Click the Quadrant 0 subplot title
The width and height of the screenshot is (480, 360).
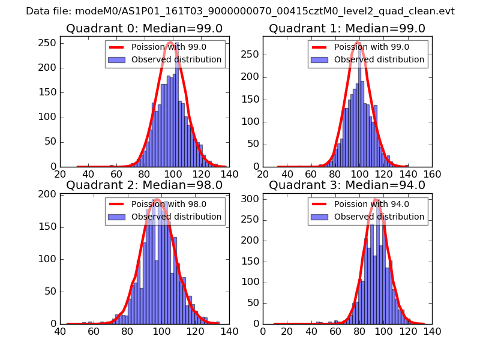144,29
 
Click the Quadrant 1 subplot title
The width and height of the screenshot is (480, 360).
347,29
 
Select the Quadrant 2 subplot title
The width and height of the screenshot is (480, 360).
144,185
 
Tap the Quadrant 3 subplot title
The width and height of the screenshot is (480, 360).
347,185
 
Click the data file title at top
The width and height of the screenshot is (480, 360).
240,11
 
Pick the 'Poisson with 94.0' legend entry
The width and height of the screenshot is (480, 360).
372,204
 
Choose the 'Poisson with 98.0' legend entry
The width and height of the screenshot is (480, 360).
169,204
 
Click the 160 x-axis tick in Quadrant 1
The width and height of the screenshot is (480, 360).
432,174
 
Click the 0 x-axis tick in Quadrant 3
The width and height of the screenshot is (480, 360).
263,331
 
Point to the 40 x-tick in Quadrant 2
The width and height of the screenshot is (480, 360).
60,331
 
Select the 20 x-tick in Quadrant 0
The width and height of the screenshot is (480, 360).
60,174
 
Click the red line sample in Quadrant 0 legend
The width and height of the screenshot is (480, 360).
116,47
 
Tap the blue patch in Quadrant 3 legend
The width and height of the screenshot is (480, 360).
319,217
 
